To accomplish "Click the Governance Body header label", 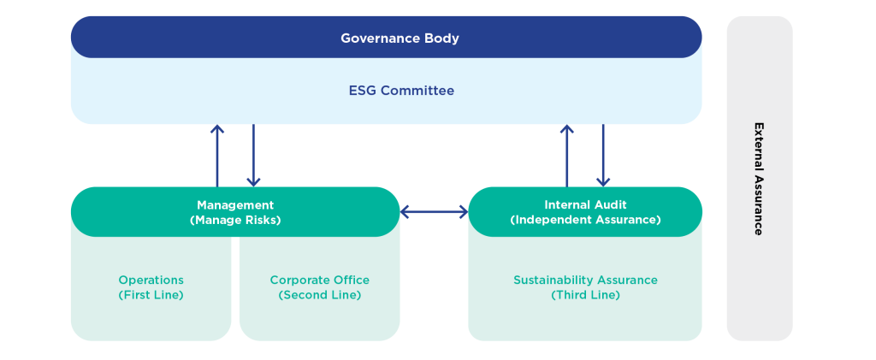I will pyautogui.click(x=400, y=38).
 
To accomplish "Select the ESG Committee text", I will pyautogui.click(x=401, y=91).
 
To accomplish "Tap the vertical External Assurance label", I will pyautogui.click(x=758, y=178).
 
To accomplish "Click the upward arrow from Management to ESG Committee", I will pyautogui.click(x=217, y=155).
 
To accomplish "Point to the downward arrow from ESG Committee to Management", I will pyautogui.click(x=253, y=155).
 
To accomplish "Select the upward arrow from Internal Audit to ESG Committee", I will pyautogui.click(x=566, y=155).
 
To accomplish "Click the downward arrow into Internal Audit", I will pyautogui.click(x=603, y=155).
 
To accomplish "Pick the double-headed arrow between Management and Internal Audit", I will pyautogui.click(x=434, y=212).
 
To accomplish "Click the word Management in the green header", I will pyautogui.click(x=235, y=205).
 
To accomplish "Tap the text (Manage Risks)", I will pyautogui.click(x=235, y=220).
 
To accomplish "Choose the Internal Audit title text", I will pyautogui.click(x=585, y=205).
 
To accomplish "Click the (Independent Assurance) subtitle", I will pyautogui.click(x=585, y=220).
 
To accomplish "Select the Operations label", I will pyautogui.click(x=151, y=280).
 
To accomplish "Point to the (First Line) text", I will pyautogui.click(x=151, y=295).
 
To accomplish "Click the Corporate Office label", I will pyautogui.click(x=319, y=280).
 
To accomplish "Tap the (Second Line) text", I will pyautogui.click(x=319, y=295).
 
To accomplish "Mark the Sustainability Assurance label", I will pyautogui.click(x=585, y=280).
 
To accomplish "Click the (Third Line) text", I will pyautogui.click(x=585, y=295).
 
